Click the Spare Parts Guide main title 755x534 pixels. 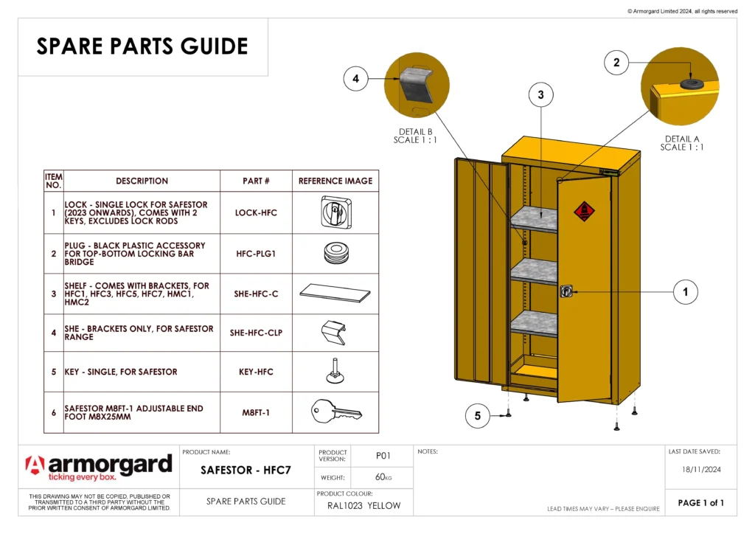142,46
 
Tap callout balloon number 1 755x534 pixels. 685,292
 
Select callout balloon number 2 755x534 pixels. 616,63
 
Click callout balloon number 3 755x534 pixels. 540,94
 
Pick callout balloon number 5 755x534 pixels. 477,416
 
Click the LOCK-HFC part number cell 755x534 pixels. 256,212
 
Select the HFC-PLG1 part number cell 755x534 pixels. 256,253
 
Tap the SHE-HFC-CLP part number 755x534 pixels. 256,333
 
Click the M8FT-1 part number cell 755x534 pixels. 256,412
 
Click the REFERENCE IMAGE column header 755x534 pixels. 335,181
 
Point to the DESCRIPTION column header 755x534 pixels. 142,181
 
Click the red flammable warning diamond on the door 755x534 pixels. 584,212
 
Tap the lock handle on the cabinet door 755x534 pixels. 566,291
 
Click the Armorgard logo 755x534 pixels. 99,467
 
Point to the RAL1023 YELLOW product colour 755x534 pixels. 363,505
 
